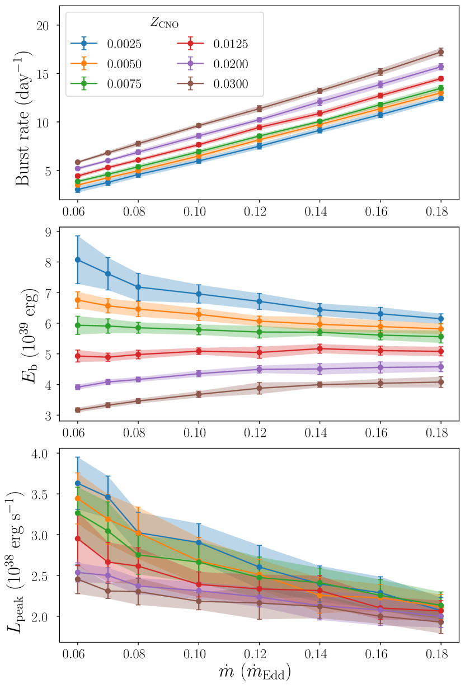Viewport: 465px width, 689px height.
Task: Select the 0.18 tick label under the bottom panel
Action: [440, 652]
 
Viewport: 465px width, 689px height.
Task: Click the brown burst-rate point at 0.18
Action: [441, 52]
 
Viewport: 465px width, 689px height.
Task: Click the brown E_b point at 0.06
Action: [78, 410]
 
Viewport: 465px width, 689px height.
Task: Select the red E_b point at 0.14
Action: [320, 348]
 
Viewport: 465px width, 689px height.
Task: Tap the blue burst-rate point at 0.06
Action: [78, 190]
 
